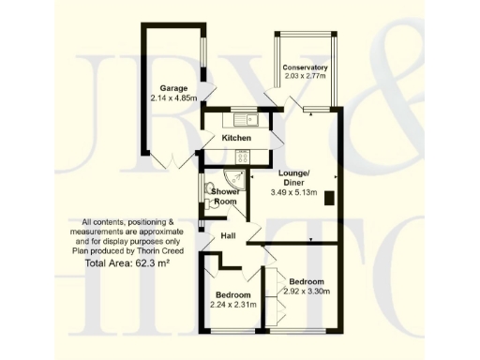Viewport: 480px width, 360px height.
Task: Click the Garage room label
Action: [x=169, y=86]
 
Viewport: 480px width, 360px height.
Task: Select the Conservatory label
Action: [x=306, y=67]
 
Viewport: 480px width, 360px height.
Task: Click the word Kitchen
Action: [x=236, y=139]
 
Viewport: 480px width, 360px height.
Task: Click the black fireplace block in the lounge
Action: [x=329, y=197]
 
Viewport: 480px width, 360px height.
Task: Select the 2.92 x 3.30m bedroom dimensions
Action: [x=307, y=292]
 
